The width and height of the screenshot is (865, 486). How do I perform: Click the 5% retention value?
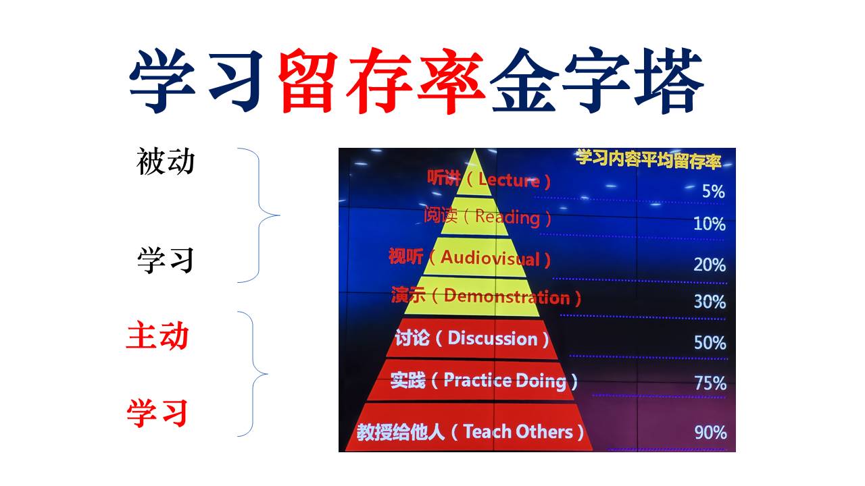coord(713,191)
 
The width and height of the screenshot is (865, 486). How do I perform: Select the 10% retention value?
coord(710,224)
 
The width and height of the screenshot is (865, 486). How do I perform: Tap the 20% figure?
coord(710,265)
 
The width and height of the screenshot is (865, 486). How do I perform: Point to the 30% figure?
coord(710,302)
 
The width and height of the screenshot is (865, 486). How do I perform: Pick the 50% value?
coord(710,342)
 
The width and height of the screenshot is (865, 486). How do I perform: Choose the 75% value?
coord(710,383)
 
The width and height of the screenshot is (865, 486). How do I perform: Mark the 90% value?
coord(710,433)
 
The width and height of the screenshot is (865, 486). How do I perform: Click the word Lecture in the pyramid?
coord(509,180)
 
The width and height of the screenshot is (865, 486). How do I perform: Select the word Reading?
coord(508,217)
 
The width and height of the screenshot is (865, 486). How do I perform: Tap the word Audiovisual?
coord(490,258)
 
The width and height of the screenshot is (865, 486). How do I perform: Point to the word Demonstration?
coord(507,297)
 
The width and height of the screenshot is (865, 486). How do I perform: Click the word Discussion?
coord(493,339)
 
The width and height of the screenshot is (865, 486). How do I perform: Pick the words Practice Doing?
coord(505,381)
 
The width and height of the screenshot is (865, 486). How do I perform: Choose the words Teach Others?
coord(518,431)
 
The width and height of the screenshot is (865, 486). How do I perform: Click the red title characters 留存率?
coord(381,80)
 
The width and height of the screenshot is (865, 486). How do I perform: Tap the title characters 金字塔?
coord(597,80)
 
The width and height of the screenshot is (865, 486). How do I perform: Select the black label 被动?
coord(166,161)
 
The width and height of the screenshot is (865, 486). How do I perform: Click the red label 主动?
coord(157,335)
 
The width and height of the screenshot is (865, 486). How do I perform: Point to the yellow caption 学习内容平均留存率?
coord(648,159)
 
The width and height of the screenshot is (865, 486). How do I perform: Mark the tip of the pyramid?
coord(474,149)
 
